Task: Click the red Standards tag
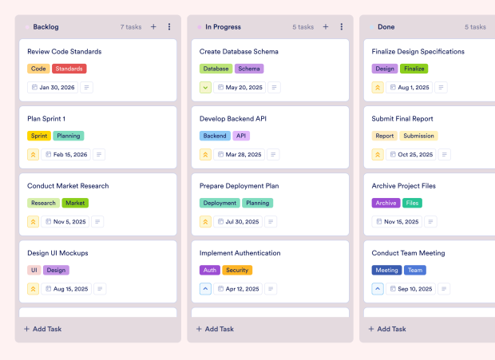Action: pos(70,69)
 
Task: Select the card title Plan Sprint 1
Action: pos(46,119)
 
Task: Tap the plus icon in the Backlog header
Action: pos(153,27)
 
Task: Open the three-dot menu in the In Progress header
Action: pos(342,27)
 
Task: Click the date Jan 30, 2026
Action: pos(53,88)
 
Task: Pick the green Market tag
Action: pos(75,203)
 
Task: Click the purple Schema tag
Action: pos(249,69)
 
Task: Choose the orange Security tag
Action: pos(237,270)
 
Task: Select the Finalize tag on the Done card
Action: pos(414,69)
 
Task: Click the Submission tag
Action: pos(418,136)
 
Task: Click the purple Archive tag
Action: pos(386,203)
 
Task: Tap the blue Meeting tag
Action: pos(386,270)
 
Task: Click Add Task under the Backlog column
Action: pos(43,329)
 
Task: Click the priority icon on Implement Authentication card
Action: pos(205,289)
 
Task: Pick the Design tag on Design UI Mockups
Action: pos(56,270)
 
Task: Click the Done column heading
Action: pos(386,27)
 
